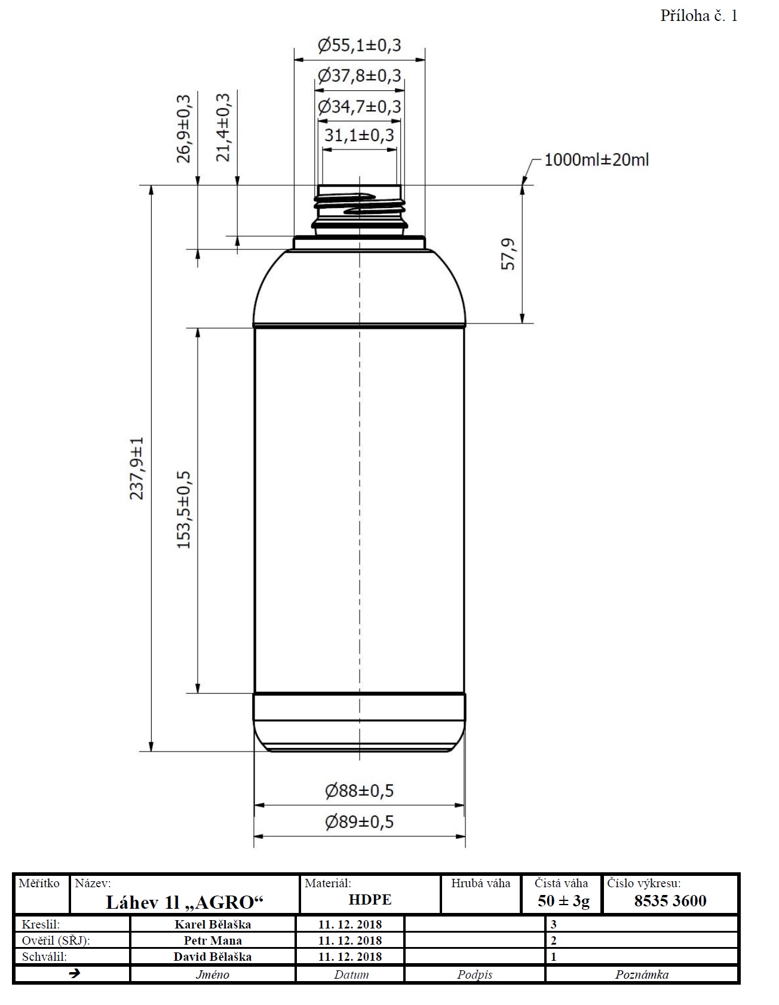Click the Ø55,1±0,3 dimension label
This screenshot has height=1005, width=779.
coord(359,45)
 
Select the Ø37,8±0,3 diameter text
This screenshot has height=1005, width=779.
coord(359,76)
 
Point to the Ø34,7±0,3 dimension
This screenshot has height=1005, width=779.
coord(359,107)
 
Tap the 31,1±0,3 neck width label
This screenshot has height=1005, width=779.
coord(359,135)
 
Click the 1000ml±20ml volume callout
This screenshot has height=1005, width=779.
coord(596,160)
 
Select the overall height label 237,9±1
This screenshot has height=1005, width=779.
coord(137,468)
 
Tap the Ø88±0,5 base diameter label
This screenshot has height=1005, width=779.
coord(359,791)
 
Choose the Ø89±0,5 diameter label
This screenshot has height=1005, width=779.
coord(359,822)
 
